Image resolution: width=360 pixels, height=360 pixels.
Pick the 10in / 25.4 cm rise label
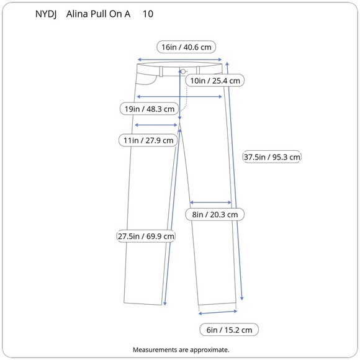pos(215,81)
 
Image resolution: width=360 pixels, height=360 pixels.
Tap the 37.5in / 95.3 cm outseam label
pos(272,156)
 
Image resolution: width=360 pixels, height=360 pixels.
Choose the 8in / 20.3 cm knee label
pos(215,214)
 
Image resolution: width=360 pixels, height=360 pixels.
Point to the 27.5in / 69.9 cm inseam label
pos(146,236)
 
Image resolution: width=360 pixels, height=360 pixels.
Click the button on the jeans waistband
pos(184,71)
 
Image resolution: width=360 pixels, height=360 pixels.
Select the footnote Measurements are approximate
pos(181,349)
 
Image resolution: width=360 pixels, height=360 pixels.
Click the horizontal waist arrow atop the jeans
pos(179,60)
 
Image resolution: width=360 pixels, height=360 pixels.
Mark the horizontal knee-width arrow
pos(210,202)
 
